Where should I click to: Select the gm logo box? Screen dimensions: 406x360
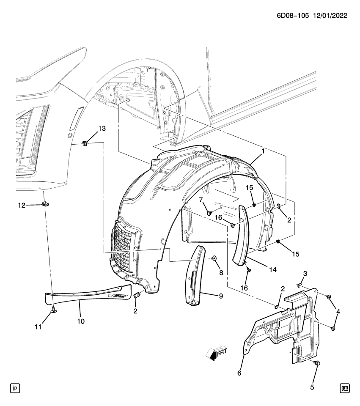coord(345,387)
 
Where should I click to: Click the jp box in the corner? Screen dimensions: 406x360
coord(15,387)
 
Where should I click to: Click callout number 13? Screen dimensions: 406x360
coord(103,128)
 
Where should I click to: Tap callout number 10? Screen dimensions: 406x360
coord(80,321)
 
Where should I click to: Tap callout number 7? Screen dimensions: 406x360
coord(201,200)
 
